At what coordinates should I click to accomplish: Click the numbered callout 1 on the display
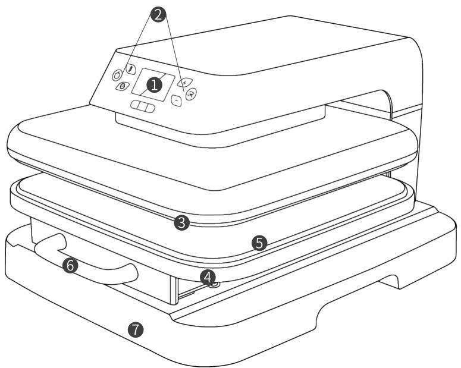pos(154,85)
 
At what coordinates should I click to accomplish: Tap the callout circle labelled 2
pos(158,15)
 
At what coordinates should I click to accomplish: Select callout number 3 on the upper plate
pos(181,223)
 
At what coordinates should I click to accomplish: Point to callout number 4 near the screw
pos(208,277)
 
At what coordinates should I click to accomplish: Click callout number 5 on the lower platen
pos(259,243)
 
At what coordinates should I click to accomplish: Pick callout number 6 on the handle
pos(70,265)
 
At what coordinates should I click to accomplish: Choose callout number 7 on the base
pos(136,329)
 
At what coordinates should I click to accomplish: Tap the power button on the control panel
pos(117,75)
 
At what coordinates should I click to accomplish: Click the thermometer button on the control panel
pos(130,69)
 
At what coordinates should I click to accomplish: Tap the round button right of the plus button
pos(191,94)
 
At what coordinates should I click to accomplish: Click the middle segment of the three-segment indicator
pos(143,106)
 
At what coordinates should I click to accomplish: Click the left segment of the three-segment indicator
pos(136,105)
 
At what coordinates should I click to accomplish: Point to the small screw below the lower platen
pos(215,285)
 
